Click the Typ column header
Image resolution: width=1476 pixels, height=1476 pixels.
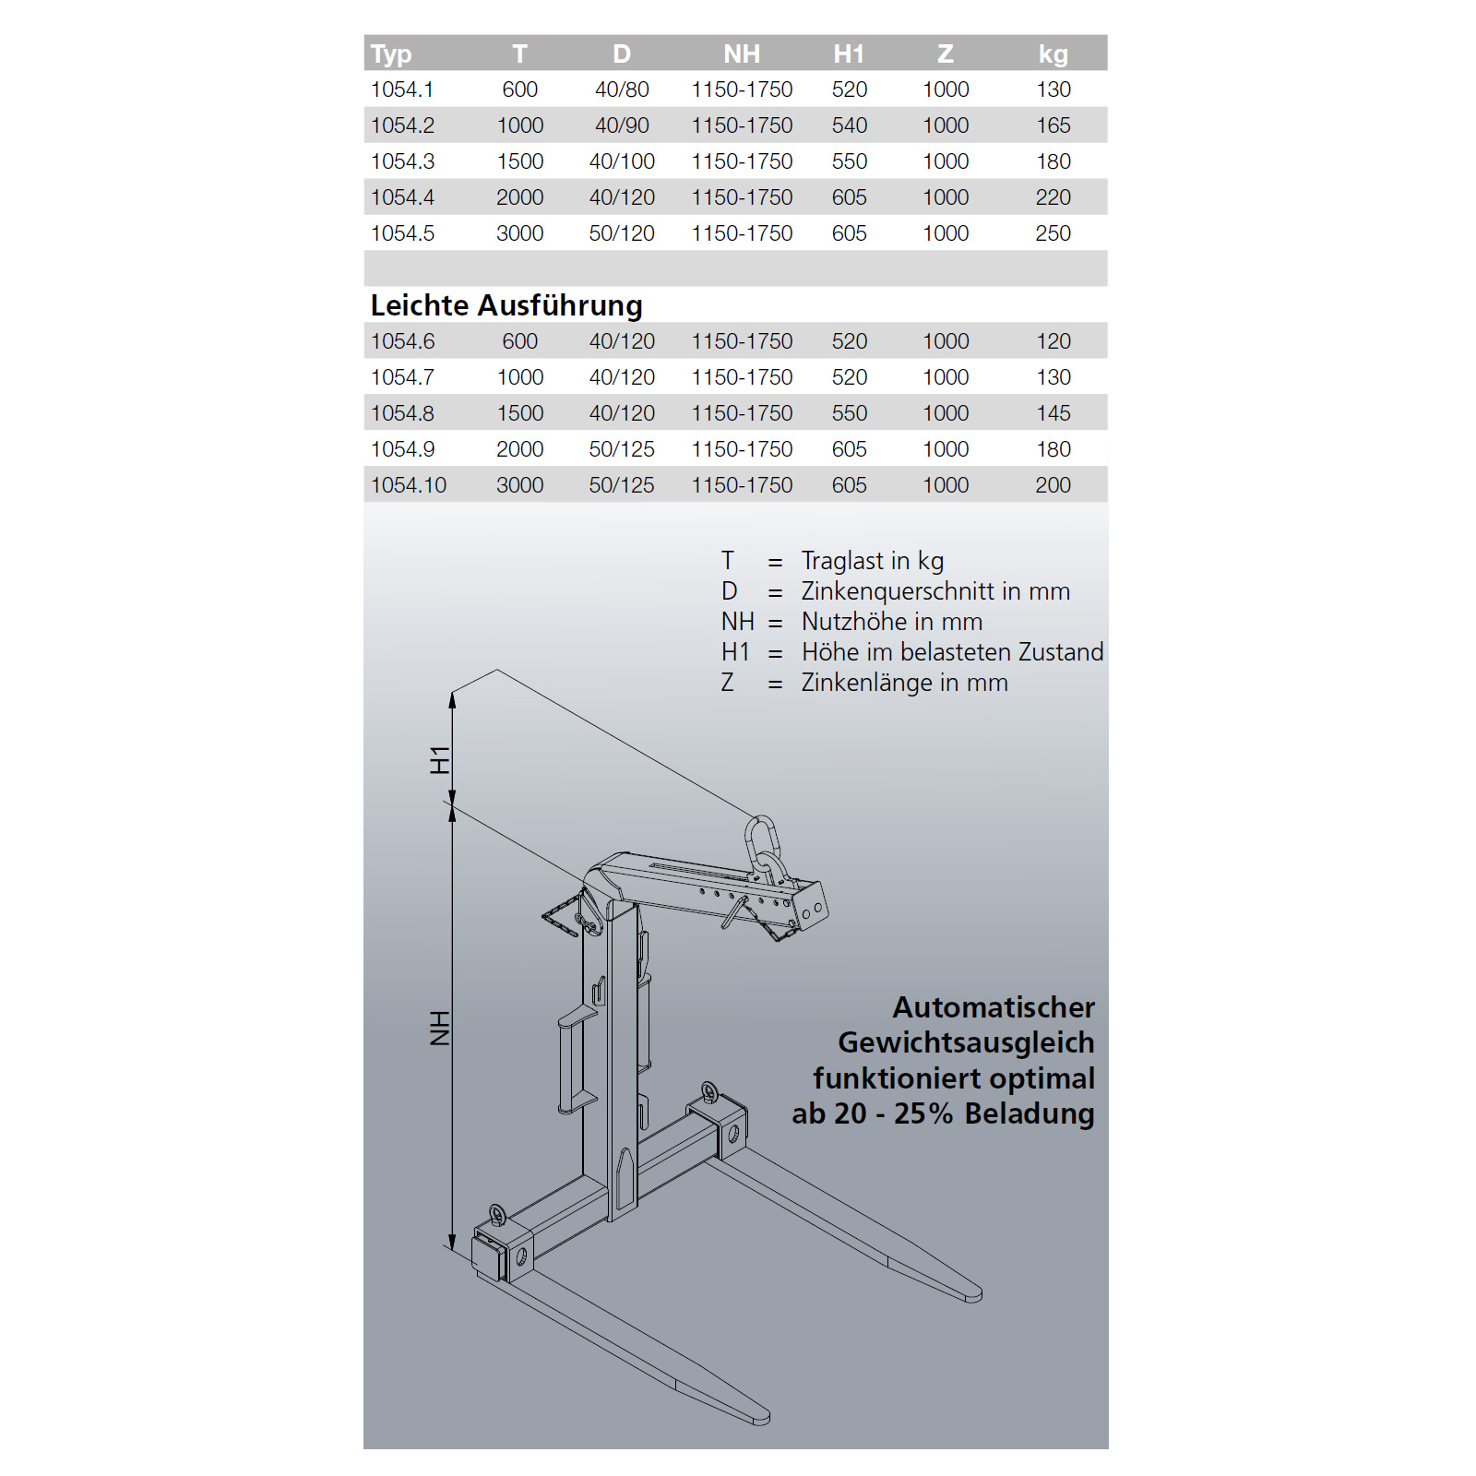pos(391,54)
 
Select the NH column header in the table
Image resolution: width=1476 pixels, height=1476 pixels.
pos(742,54)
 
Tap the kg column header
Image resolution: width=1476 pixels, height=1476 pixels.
pos(1053,54)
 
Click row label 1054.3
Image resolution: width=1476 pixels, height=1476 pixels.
pos(402,161)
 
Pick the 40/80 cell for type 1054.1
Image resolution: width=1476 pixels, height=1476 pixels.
pos(622,89)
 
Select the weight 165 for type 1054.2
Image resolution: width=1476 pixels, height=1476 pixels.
pos(1053,125)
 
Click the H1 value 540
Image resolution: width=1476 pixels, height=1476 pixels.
pos(849,125)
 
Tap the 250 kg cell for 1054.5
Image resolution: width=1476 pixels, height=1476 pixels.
pos(1053,233)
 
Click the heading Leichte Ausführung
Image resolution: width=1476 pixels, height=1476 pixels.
pos(506,305)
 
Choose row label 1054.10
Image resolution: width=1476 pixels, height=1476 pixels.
pos(409,485)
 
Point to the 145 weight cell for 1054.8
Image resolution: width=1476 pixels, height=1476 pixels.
pos(1053,413)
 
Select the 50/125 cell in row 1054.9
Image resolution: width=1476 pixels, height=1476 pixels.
pos(622,449)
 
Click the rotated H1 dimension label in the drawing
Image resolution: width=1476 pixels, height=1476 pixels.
pos(440,760)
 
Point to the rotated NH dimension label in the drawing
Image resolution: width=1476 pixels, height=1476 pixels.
pos(440,1028)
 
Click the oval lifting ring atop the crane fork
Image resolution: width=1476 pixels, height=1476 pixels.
pos(761,841)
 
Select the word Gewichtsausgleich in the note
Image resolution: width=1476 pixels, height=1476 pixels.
pos(966,1042)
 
